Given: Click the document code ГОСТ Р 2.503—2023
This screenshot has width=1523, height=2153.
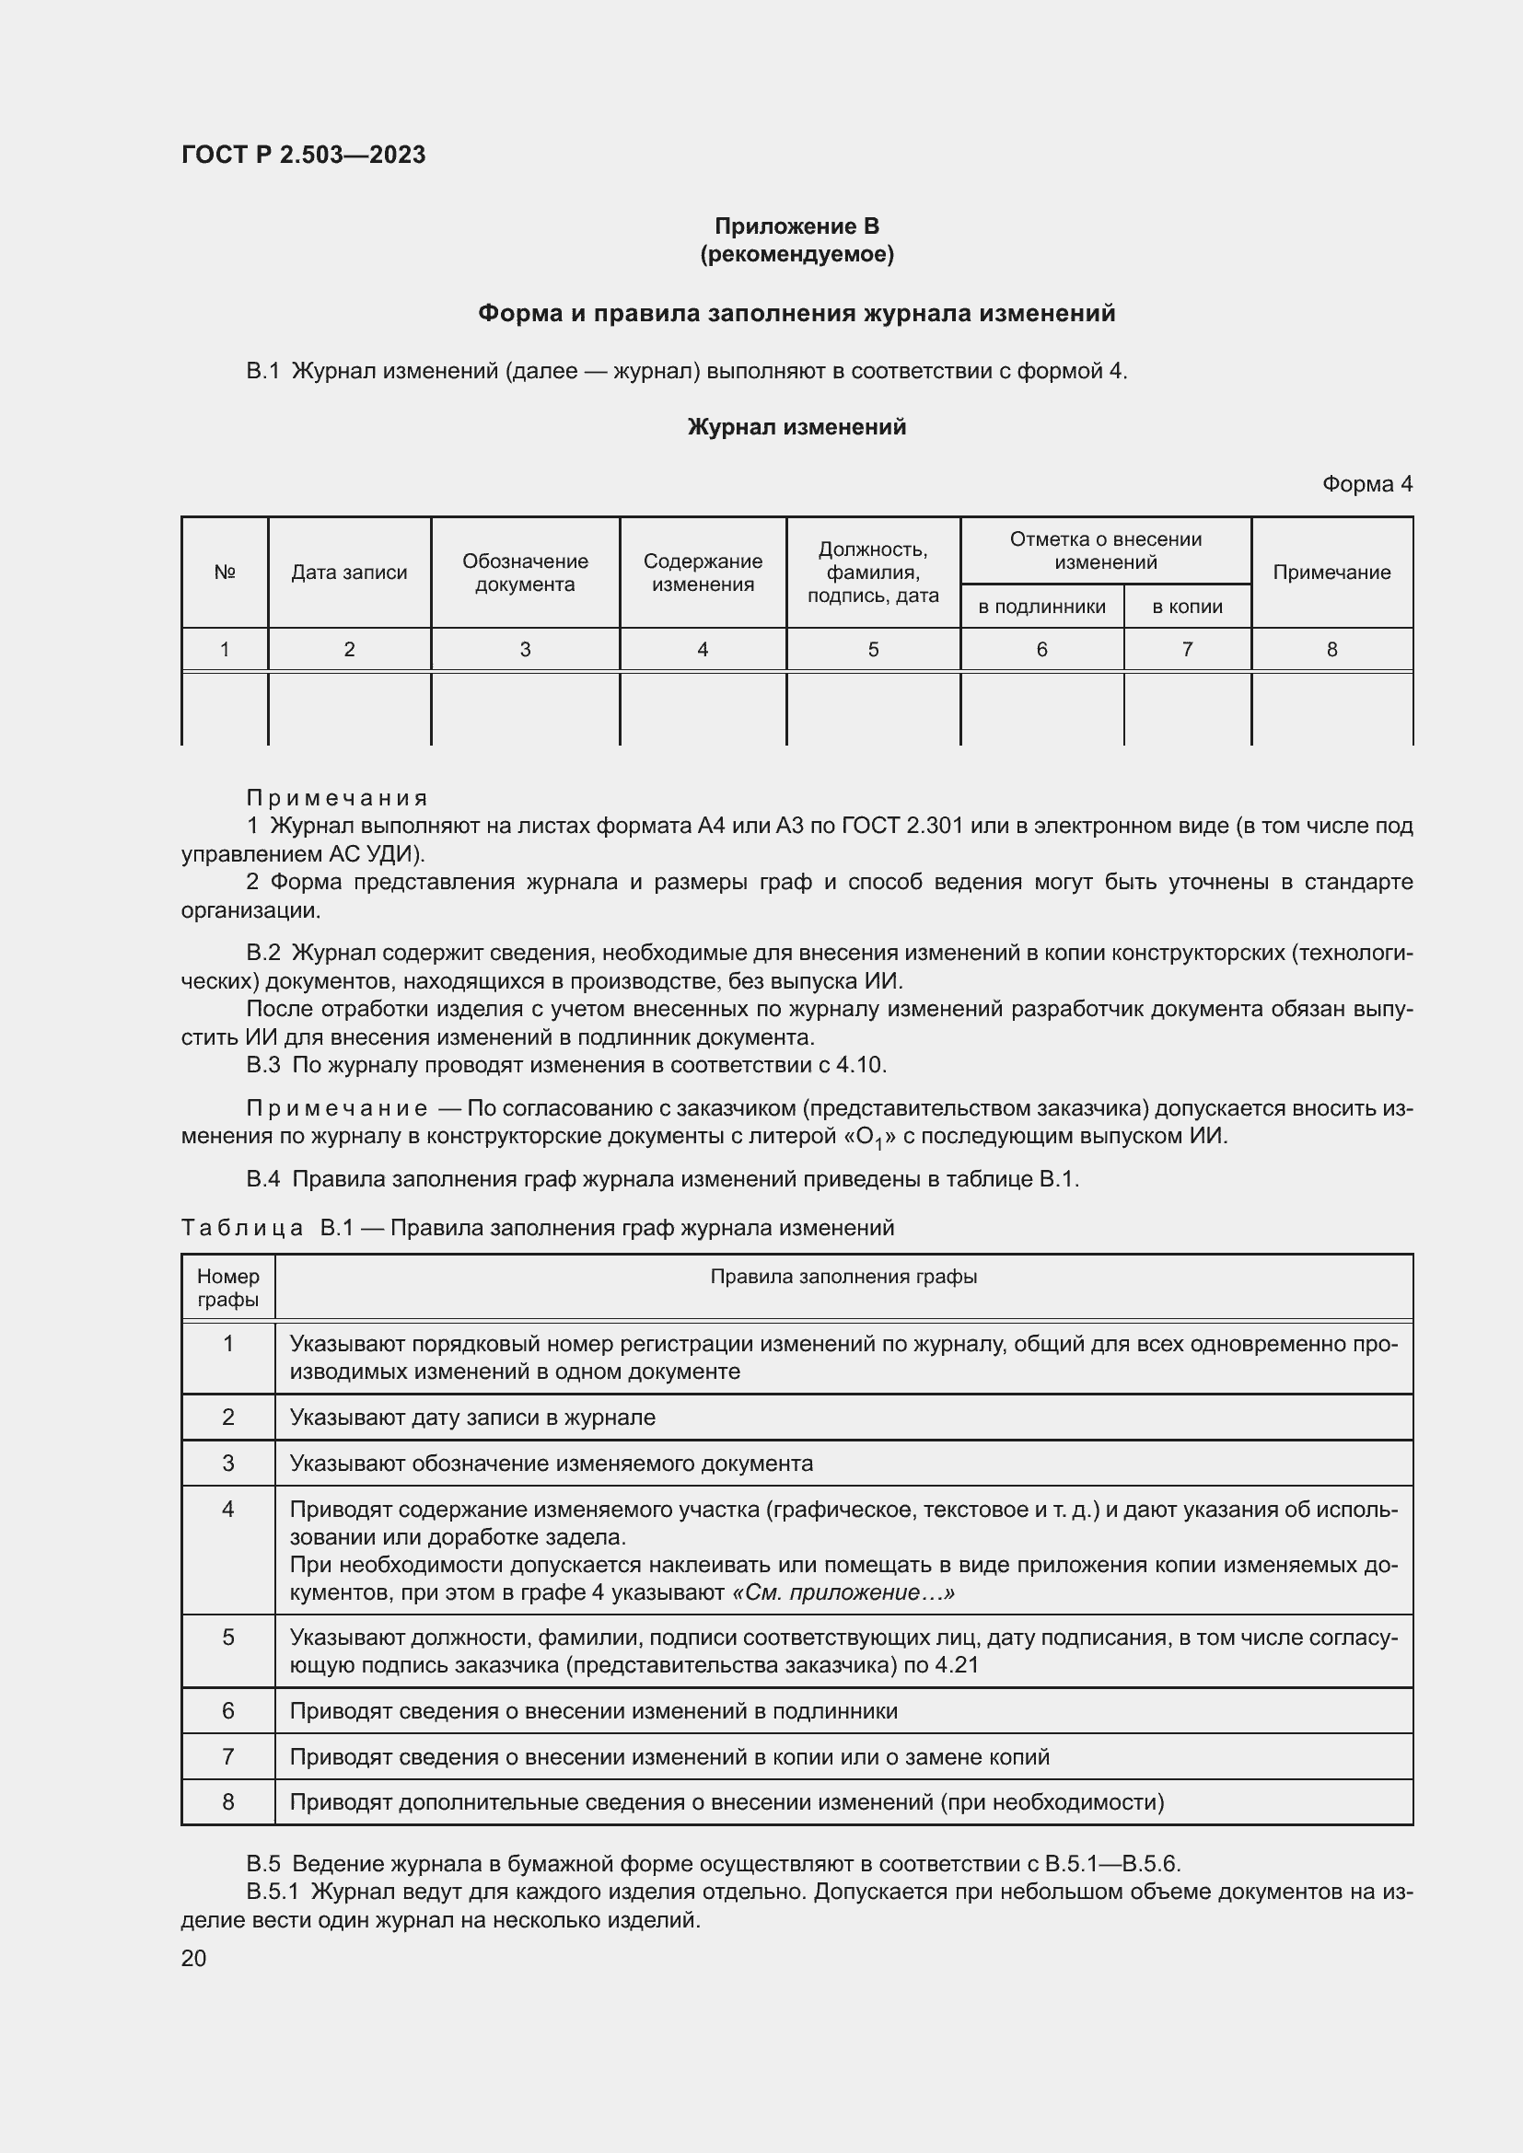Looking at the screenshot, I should [x=303, y=155].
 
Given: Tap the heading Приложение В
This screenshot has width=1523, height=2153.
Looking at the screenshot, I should [x=796, y=226].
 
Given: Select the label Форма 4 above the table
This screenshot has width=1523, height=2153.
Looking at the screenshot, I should [x=1366, y=484].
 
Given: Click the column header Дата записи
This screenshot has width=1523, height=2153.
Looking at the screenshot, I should [x=349, y=572].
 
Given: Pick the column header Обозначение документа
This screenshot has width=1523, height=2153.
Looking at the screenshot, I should [x=525, y=572].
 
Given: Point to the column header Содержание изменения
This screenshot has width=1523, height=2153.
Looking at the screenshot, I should [x=703, y=572].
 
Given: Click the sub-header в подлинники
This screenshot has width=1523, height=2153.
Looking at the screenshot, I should [x=1041, y=607].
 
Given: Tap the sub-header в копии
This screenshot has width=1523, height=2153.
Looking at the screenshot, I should [x=1186, y=607].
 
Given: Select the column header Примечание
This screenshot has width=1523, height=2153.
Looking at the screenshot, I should [x=1331, y=572].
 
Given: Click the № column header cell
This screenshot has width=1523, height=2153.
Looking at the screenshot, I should [x=224, y=572].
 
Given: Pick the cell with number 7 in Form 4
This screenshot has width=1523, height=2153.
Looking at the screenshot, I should [x=1186, y=649].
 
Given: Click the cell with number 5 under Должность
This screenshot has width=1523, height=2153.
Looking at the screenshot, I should [x=872, y=649].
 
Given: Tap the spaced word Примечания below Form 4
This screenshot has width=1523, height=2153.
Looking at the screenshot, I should [x=336, y=798].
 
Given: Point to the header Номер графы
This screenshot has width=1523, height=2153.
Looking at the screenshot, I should [x=227, y=1288].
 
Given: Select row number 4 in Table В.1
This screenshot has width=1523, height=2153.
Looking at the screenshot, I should [x=227, y=1509].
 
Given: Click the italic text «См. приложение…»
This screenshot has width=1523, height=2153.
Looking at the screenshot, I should [x=842, y=1592].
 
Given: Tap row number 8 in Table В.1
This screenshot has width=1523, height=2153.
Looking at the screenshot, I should [x=227, y=1801].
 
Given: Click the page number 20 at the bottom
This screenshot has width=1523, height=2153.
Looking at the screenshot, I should [x=193, y=1958].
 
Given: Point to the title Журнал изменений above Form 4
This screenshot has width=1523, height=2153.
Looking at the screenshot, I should [x=796, y=428].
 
